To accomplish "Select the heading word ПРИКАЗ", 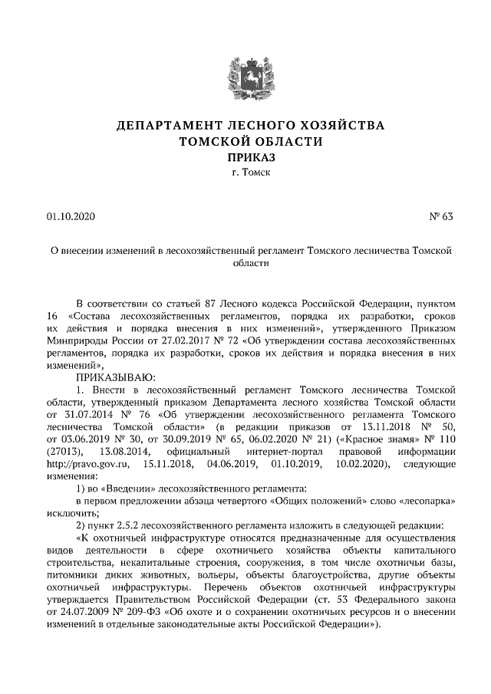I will coord(245,157).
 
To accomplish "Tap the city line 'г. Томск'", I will coord(245,173).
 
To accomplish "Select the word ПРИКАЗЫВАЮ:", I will coord(114,377).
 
